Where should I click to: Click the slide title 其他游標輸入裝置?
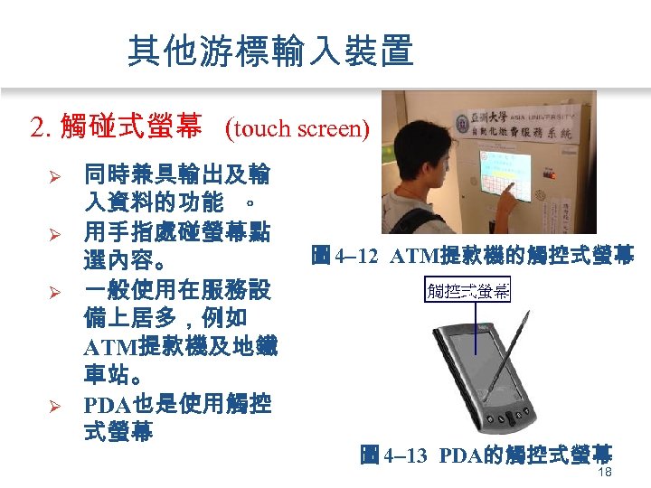(270, 51)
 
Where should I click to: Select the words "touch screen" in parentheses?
(299, 129)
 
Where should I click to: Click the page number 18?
(605, 474)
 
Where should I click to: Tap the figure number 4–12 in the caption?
(355, 256)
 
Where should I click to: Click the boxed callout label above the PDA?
(467, 291)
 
